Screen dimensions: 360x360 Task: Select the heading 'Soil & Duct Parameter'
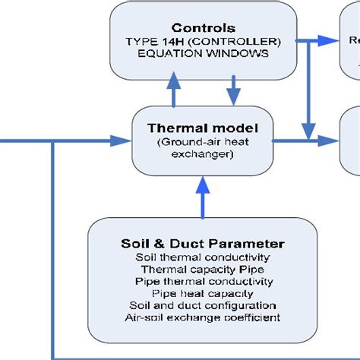coord(203,244)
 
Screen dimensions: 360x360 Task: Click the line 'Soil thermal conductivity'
coord(203,257)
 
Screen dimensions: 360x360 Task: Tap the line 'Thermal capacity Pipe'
coord(203,269)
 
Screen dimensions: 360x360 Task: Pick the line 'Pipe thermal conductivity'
coord(203,281)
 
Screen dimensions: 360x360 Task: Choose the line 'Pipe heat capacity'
coord(203,293)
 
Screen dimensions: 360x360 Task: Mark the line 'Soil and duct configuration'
coord(203,305)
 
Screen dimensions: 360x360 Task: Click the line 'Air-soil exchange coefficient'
coord(203,317)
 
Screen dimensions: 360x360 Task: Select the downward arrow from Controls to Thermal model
coord(232,92)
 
